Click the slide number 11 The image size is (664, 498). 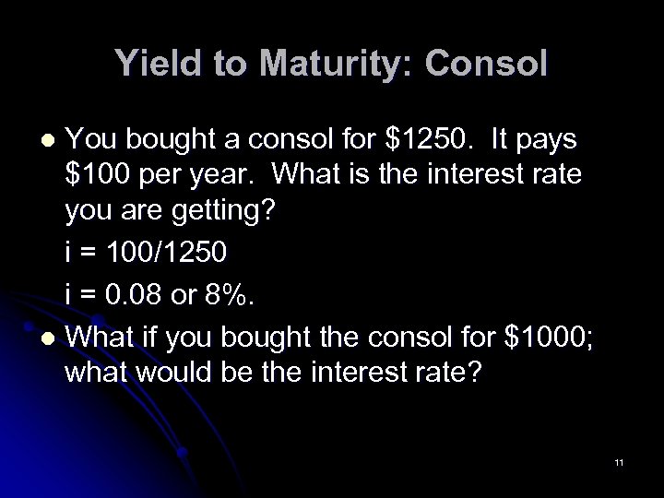point(619,460)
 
